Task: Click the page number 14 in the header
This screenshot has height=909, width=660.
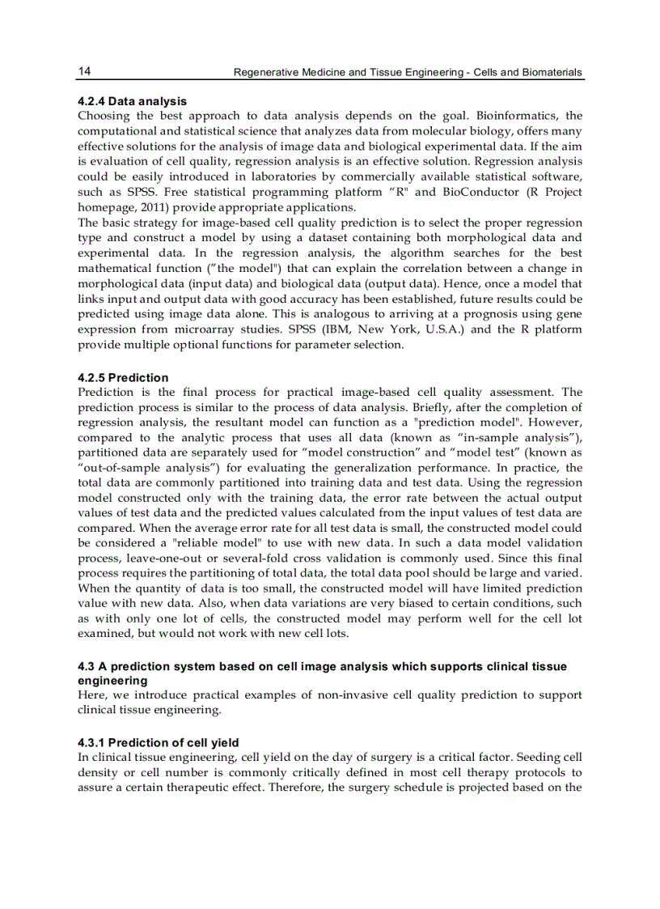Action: [84, 71]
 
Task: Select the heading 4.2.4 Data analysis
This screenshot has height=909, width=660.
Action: [132, 101]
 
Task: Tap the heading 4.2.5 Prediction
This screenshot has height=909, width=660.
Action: [123, 377]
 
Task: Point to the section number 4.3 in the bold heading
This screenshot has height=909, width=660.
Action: [86, 666]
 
